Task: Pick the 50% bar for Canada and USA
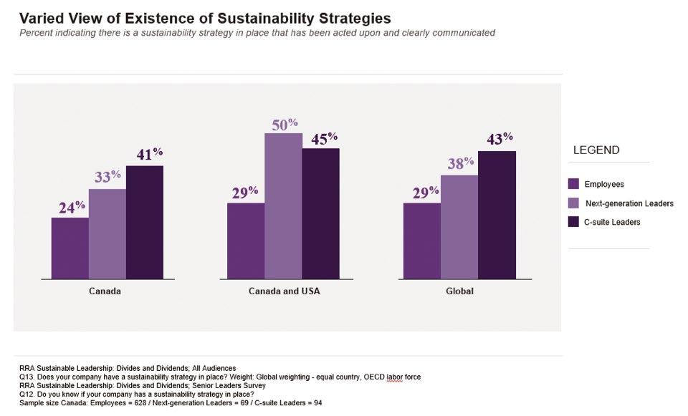[283, 205]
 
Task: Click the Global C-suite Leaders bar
[497, 214]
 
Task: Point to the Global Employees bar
[422, 240]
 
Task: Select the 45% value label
[322, 137]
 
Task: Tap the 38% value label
[459, 163]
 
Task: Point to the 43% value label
[499, 139]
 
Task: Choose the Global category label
[459, 291]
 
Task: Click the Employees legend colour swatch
[573, 184]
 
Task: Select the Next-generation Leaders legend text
[630, 203]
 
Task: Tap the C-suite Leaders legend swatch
[573, 222]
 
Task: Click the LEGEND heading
[596, 150]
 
